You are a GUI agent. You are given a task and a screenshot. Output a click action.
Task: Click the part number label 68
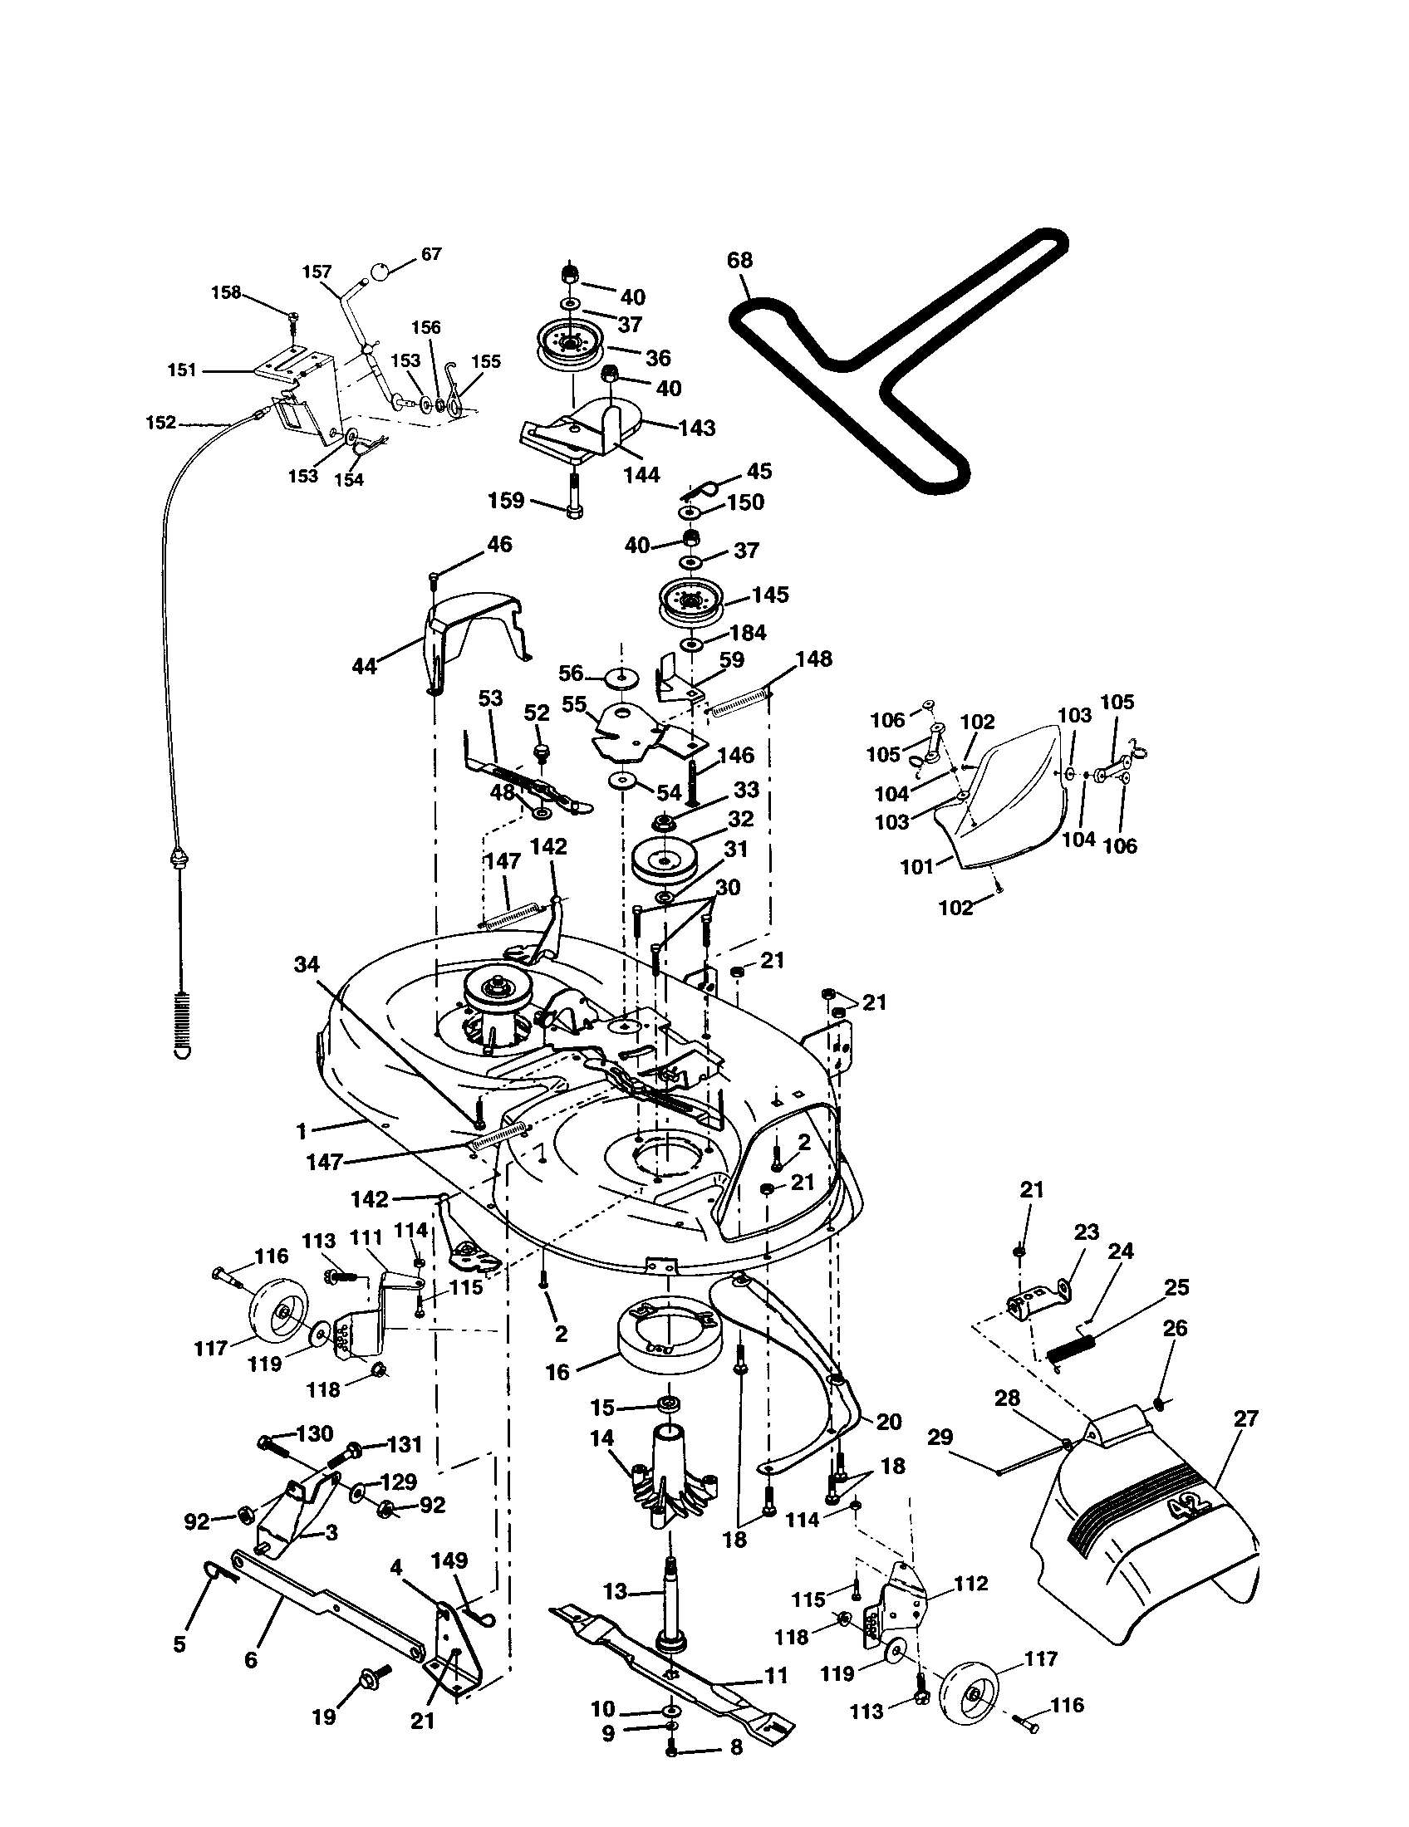pos(739,260)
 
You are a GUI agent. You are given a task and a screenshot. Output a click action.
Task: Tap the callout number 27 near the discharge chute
pos(1246,1418)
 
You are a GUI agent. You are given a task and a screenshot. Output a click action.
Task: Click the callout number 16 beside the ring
pos(557,1372)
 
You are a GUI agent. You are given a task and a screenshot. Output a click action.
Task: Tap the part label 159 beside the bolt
pos(506,500)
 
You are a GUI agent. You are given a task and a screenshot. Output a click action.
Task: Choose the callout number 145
pos(770,595)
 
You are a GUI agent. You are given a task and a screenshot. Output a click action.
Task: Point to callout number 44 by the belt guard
pos(365,666)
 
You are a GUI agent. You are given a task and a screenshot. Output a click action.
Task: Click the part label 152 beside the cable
pos(160,423)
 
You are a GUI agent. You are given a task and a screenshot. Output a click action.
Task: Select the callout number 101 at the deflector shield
pos(917,867)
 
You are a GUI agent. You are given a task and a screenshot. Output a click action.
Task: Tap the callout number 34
pos(307,964)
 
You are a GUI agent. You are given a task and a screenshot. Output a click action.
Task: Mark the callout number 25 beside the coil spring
pos(1176,1287)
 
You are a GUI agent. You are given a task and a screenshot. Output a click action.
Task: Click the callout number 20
pos(888,1421)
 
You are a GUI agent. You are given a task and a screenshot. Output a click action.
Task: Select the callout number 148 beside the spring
pos(813,659)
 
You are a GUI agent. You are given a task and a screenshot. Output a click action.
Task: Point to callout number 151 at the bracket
pos(183,370)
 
